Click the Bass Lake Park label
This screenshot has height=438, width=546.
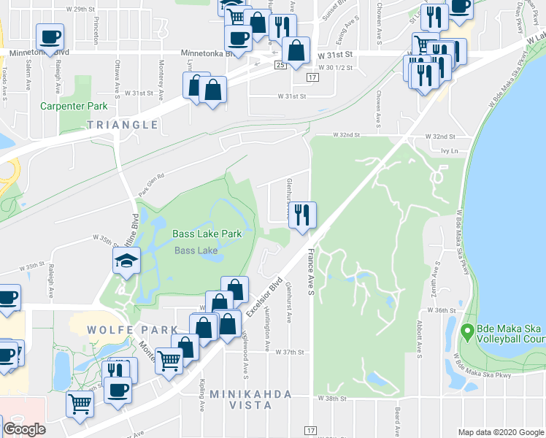click(x=207, y=234)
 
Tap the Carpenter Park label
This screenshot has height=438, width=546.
click(x=74, y=106)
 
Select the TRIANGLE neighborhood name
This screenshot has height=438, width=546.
click(x=123, y=125)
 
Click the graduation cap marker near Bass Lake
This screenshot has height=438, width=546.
click(x=126, y=260)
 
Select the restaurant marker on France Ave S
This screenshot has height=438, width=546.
click(x=303, y=214)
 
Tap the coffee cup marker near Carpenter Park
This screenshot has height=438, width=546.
click(x=50, y=36)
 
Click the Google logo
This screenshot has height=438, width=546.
click(x=25, y=429)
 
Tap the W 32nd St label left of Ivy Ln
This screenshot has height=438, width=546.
click(x=347, y=135)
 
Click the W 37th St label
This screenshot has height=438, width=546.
click(x=289, y=351)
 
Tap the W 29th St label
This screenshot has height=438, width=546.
click(x=80, y=9)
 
